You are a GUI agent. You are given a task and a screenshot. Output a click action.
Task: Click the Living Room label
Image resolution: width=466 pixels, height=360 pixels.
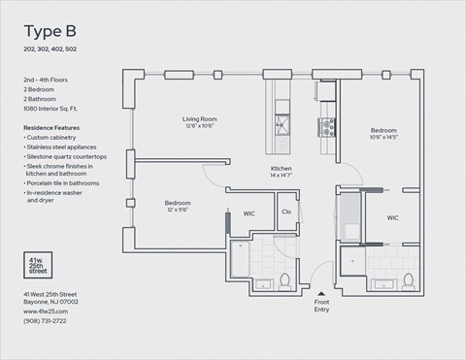click(199, 120)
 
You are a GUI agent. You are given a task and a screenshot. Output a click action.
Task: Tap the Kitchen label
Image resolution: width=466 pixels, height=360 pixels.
click(282, 171)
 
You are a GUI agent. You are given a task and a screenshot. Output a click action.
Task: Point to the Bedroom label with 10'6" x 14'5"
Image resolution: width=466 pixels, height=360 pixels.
click(384, 130)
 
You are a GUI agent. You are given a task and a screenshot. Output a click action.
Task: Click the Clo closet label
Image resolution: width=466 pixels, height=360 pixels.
click(286, 212)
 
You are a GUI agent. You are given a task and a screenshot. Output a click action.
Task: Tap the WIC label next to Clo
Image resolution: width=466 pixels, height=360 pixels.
click(249, 212)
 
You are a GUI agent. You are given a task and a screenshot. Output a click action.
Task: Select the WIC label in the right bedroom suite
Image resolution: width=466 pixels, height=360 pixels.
click(392, 218)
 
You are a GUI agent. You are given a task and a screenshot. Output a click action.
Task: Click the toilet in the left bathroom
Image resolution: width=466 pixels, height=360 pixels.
click(286, 281)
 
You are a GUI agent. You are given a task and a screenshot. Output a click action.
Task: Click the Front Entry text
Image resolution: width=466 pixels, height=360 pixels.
click(321, 306)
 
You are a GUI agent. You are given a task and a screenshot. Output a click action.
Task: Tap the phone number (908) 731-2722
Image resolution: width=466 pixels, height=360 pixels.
click(47, 319)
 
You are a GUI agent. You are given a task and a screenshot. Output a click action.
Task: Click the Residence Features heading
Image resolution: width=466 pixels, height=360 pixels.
click(52, 127)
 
